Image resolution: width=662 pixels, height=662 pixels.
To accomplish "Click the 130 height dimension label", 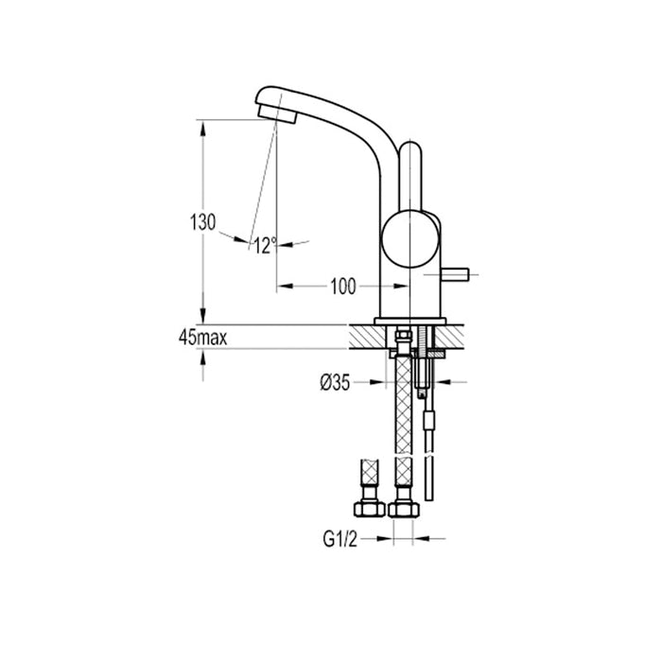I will (202, 223).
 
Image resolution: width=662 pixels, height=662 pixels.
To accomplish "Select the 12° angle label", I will (264, 246).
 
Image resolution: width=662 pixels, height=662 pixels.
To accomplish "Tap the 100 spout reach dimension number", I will (344, 286).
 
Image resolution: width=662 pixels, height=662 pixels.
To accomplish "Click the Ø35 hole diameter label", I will (337, 383).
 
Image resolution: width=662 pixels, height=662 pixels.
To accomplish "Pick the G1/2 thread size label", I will (340, 539).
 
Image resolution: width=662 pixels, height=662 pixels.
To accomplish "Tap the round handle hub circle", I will (409, 236).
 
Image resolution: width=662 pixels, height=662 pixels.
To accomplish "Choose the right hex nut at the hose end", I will (404, 509).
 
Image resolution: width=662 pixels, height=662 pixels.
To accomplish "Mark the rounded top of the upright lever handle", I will (411, 151).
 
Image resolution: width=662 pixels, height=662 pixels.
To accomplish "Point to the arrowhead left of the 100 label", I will (284, 286).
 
